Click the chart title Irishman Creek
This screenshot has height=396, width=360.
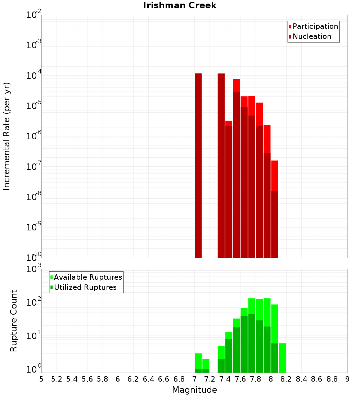180,5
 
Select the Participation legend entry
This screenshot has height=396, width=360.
315,26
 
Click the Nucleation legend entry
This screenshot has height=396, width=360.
312,36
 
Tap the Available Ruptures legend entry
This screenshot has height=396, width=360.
88,277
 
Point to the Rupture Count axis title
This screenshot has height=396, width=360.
14,320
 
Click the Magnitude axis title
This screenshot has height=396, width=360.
194,390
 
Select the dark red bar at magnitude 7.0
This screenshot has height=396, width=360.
198,166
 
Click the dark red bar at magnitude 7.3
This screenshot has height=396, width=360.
221,166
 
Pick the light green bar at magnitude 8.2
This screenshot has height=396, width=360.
282,358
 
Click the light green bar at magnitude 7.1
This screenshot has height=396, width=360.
206,364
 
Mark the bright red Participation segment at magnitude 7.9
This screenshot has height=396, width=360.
267,139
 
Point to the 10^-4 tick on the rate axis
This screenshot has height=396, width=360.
34,76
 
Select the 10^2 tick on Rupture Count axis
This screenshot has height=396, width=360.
34,302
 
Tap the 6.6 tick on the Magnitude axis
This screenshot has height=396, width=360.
164,379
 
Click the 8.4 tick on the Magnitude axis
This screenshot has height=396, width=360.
301,379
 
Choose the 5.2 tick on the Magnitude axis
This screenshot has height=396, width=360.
57,379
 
